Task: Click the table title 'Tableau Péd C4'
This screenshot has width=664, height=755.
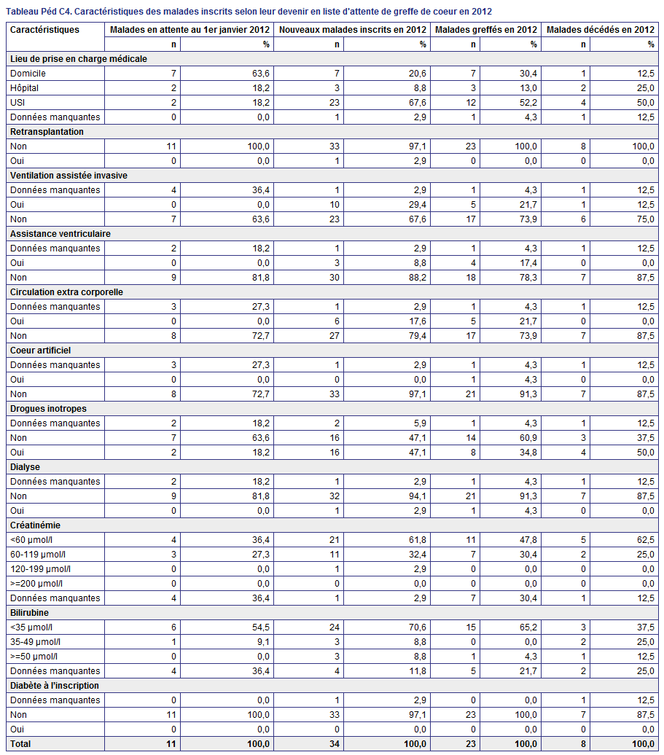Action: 39,12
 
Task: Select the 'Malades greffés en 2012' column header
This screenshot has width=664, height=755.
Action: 486,30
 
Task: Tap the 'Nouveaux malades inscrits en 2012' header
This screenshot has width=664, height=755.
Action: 353,30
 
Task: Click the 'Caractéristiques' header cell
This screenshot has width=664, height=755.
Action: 44,30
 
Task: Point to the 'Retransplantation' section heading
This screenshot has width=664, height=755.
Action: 47,132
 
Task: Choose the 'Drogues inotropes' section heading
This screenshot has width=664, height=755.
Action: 48,409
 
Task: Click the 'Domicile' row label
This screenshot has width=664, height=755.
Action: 28,74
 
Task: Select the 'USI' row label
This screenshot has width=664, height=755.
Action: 17,103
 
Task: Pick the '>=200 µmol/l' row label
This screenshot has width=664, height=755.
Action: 36,584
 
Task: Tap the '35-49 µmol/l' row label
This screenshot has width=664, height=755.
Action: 36,642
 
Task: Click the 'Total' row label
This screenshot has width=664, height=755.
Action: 20,744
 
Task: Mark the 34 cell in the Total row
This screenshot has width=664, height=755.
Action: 335,744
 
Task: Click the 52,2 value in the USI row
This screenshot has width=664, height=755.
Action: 528,103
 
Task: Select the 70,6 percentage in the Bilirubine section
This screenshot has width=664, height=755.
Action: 418,627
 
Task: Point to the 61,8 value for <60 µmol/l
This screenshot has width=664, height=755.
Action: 418,540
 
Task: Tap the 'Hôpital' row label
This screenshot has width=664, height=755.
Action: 24,88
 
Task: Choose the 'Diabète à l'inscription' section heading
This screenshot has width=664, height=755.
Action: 55,686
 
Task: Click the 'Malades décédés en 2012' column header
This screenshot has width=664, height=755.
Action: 601,30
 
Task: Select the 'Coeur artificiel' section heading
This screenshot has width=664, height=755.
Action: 40,351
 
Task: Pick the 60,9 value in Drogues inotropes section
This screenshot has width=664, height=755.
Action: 528,438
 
